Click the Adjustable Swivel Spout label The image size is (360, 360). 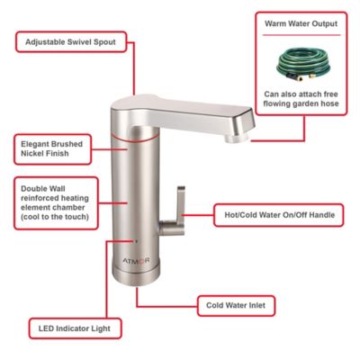click(x=75, y=41)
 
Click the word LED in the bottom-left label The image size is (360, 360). click(x=45, y=329)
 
